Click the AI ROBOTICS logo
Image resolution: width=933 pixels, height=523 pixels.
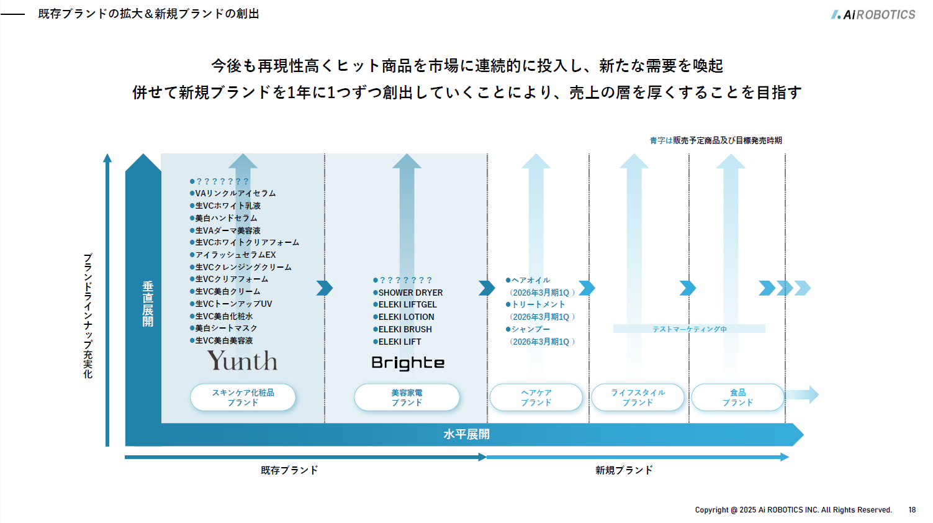click(x=873, y=14)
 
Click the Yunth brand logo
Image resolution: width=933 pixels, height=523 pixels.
click(x=242, y=360)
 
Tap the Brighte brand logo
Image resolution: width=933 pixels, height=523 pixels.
click(x=408, y=363)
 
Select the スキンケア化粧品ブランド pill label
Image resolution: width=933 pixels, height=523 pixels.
click(x=243, y=397)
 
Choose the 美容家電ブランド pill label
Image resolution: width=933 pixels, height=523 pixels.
click(x=407, y=397)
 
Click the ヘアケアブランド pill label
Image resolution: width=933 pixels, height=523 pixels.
click(x=536, y=397)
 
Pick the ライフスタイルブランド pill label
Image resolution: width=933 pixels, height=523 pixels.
click(x=638, y=397)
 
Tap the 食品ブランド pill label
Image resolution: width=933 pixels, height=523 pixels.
click(x=737, y=397)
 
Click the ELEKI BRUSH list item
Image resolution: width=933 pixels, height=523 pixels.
click(x=402, y=329)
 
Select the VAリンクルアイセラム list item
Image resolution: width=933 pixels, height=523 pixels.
click(x=233, y=193)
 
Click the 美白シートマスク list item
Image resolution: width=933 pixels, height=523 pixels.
click(x=223, y=329)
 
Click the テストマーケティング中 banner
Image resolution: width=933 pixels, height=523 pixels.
click(x=689, y=329)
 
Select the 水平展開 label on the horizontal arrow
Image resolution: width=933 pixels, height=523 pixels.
click(x=467, y=435)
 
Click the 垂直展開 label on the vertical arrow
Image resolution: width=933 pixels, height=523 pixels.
click(x=148, y=304)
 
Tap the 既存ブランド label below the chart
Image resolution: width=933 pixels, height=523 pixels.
click(x=289, y=470)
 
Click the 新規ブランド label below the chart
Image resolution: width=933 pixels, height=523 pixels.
click(x=624, y=470)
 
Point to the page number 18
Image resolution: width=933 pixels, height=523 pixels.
click(x=912, y=510)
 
